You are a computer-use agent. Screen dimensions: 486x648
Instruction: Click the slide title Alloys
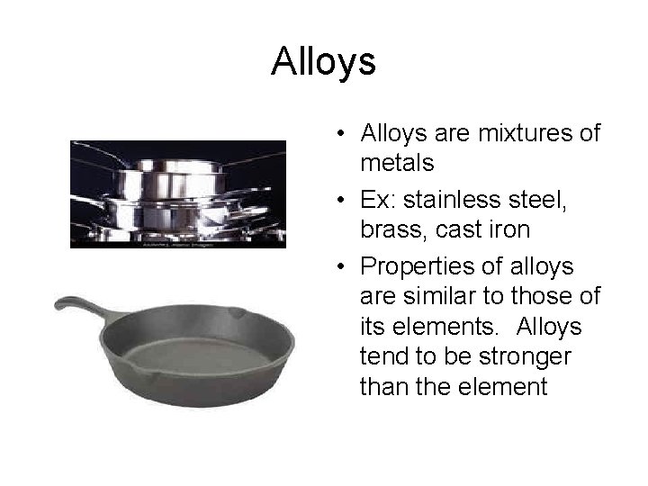tap(323, 63)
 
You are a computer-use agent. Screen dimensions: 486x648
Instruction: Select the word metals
tap(397, 164)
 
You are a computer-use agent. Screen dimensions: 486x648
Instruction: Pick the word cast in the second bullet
tap(457, 230)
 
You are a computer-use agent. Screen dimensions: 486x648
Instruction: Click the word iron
tap(510, 230)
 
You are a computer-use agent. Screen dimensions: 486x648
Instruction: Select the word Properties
tap(415, 267)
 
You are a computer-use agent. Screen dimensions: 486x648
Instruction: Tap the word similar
tap(442, 296)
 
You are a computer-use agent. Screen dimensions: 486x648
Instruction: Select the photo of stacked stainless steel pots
tap(178, 193)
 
